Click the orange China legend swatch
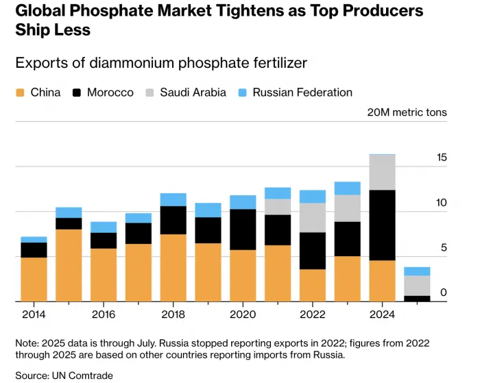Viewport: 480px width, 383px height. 20,92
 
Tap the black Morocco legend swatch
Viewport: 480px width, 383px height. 76,92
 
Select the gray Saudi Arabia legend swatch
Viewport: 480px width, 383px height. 149,92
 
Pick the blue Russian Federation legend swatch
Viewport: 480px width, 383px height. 242,92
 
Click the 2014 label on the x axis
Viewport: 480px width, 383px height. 34,314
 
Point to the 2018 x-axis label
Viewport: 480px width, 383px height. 173,314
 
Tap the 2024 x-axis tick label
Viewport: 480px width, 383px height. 382,314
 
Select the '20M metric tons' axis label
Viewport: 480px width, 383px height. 407,112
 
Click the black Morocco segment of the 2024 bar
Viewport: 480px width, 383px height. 382,225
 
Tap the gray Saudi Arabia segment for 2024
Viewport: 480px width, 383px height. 382,173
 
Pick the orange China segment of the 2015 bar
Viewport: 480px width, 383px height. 69,265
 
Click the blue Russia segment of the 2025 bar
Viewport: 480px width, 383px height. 417,271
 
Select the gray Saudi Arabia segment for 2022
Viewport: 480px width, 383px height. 312,217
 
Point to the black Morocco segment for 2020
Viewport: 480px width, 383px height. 243,230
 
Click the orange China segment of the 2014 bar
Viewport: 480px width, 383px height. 34,279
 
